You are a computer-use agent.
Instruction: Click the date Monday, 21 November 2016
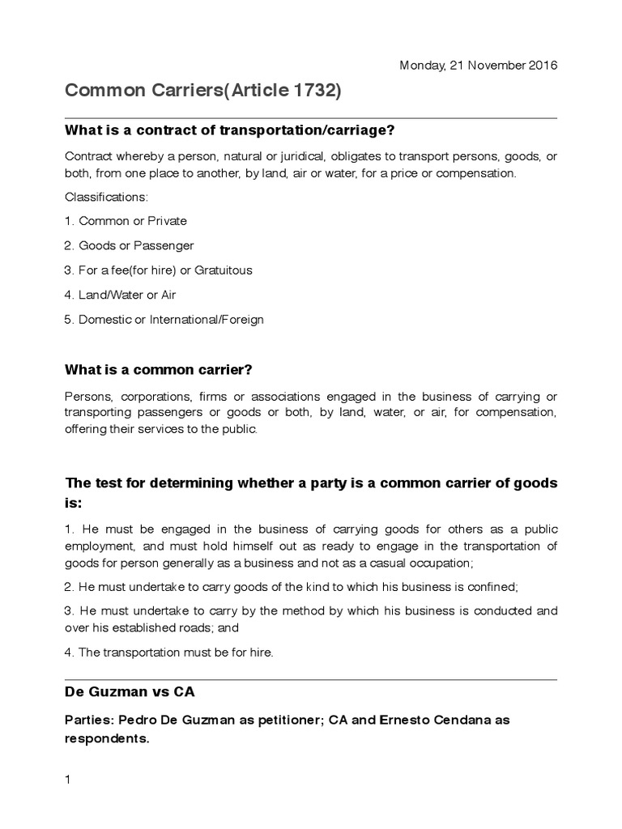[479, 65]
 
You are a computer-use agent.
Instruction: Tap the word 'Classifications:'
[101, 197]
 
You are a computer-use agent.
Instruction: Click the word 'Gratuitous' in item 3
[226, 270]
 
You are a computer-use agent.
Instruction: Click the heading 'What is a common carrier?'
[159, 370]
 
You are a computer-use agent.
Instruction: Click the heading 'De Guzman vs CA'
[130, 693]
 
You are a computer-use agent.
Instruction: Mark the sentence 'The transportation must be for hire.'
[168, 653]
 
